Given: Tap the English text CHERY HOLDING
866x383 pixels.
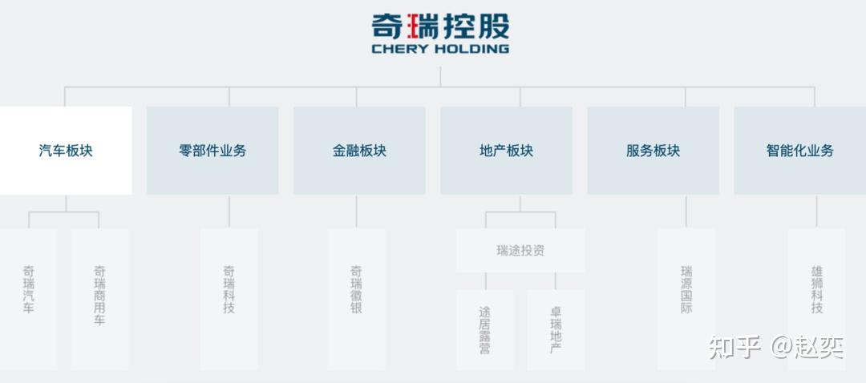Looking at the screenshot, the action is click(440, 49).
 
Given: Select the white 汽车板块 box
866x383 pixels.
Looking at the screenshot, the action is click(66, 151).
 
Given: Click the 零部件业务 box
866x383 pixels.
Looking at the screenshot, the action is click(212, 151).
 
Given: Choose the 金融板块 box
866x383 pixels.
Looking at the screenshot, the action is click(359, 151).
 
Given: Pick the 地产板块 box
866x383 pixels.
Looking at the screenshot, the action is click(507, 151).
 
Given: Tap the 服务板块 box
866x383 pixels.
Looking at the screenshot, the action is click(654, 151).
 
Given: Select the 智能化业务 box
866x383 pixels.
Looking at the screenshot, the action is click(799, 151).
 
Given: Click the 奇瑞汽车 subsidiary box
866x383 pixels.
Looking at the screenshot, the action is click(28, 299).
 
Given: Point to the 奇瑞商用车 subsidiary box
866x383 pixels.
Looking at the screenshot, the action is click(99, 299).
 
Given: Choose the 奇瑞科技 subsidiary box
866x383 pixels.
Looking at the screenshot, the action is click(229, 299).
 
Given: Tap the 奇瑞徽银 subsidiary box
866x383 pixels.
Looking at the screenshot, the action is click(356, 299).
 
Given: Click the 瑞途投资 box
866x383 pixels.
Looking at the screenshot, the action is click(520, 251).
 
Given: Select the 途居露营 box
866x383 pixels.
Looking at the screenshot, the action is click(485, 330).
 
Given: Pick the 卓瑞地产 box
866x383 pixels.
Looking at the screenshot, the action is click(556, 330).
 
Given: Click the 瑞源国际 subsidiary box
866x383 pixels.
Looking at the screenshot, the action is click(686, 299).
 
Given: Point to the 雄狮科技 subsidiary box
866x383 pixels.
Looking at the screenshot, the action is click(817, 299).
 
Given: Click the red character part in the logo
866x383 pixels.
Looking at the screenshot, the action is click(411, 26).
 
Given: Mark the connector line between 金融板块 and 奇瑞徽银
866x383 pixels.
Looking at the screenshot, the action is click(356, 212).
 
